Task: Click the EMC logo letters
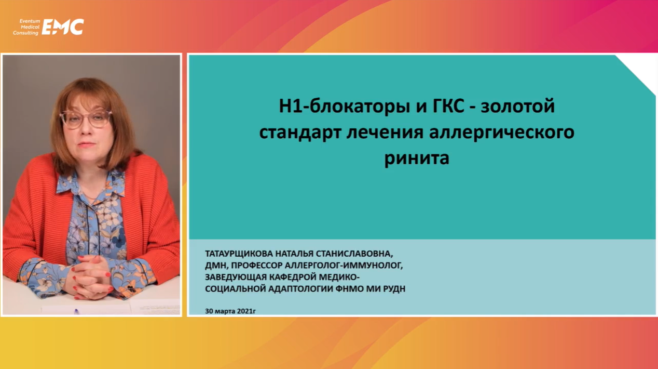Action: (x=63, y=27)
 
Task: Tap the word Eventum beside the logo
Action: (x=30, y=21)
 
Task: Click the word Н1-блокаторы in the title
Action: (x=344, y=107)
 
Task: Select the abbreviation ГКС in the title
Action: (x=448, y=106)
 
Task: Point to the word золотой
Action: (x=517, y=107)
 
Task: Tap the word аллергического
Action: (x=501, y=133)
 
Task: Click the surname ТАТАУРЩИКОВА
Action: (x=239, y=254)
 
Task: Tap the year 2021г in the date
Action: (x=246, y=311)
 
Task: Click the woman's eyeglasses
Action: (x=86, y=118)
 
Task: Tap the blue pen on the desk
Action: (x=76, y=311)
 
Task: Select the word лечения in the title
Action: (x=385, y=133)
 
